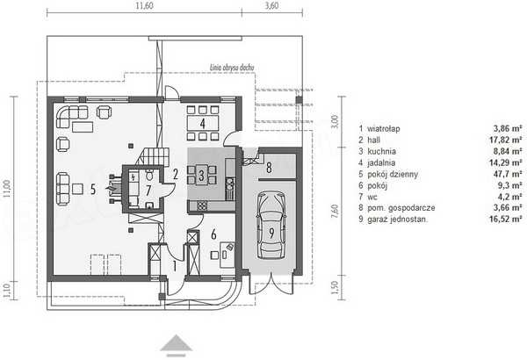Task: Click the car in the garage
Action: coord(271,226)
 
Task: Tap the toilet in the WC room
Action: coord(149,174)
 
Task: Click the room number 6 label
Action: coord(213,234)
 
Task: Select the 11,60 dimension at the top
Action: coord(145,6)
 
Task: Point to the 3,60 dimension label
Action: coord(271,6)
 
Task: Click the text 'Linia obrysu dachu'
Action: coord(232,68)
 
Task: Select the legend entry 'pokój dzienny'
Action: coord(393,174)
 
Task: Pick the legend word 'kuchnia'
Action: coord(381,151)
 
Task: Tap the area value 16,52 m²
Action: coord(505,220)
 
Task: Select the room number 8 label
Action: coord(269,168)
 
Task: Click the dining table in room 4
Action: coord(203,123)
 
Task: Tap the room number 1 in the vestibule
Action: coord(175,266)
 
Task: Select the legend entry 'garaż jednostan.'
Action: coord(398,220)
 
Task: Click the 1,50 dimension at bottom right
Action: coord(335,287)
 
